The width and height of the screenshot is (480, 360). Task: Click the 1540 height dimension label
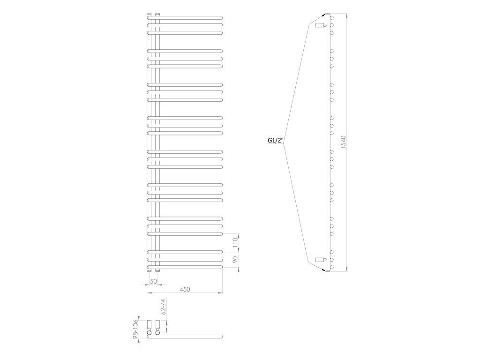[343, 142]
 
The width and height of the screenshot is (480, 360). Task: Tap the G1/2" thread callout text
[276, 141]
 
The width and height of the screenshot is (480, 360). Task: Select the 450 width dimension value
[185, 289]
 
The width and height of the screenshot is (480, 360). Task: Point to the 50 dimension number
[153, 281]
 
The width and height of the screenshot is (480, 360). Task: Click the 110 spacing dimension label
[235, 242]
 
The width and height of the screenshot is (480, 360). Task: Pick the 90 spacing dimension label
[235, 260]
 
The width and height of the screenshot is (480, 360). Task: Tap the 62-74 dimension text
[163, 307]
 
